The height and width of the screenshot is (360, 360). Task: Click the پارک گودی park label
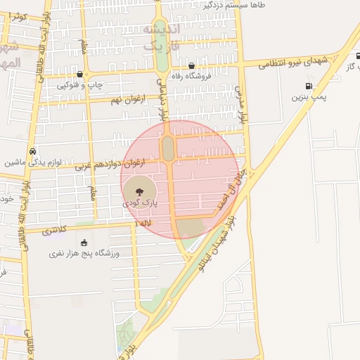click(x=141, y=202)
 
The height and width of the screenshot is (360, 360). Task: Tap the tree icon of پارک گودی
click(x=139, y=189)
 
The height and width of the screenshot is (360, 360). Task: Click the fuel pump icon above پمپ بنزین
click(x=309, y=86)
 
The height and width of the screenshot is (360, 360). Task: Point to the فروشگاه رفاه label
click(x=219, y=77)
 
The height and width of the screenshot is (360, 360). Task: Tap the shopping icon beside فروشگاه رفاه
click(x=192, y=66)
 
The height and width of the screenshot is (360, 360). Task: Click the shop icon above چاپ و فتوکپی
click(x=79, y=74)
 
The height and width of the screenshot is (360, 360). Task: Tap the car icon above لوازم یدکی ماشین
click(x=33, y=151)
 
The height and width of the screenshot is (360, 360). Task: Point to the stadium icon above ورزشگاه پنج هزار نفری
click(x=84, y=242)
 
